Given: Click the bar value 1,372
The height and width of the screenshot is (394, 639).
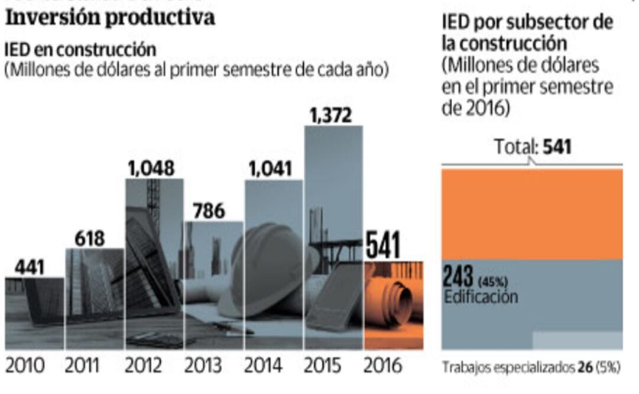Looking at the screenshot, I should click(x=330, y=115).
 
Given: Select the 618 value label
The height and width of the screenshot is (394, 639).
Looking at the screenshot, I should click(x=89, y=239).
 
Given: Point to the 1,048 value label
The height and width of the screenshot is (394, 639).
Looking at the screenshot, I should click(x=151, y=169).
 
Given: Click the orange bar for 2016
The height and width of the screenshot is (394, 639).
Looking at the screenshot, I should click(x=393, y=305).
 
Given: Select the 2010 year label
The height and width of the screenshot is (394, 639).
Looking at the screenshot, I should click(x=25, y=365).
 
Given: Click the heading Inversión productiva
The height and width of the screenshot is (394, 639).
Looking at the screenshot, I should click(x=110, y=18).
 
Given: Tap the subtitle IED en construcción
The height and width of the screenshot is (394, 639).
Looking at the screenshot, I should click(x=80, y=49).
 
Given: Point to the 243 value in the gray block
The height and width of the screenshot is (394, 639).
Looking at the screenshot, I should click(x=458, y=276).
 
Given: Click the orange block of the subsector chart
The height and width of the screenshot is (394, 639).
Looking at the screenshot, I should click(x=532, y=214).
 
